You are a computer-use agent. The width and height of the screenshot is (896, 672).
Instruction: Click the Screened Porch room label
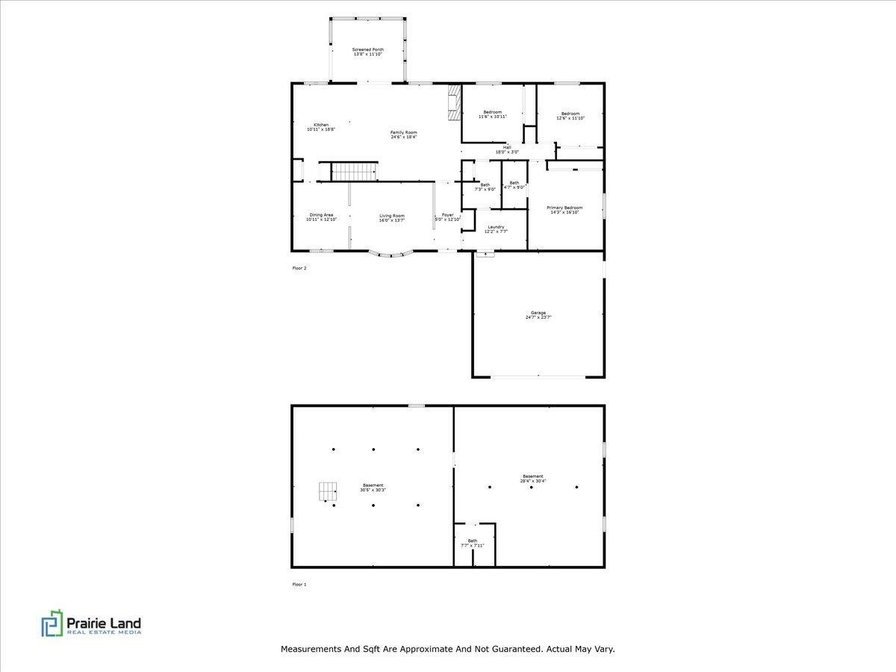pos(368,49)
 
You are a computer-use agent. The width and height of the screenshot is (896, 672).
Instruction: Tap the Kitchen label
pos(321,125)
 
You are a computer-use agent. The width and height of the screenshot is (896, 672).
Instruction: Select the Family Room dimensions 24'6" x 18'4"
pos(404,137)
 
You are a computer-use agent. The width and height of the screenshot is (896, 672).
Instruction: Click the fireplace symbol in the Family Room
pos(453,102)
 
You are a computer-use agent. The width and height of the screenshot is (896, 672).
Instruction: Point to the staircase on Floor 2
pos(355,172)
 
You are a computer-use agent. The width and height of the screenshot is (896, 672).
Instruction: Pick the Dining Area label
pos(321,214)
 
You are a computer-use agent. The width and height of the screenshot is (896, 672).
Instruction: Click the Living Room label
pos(392,215)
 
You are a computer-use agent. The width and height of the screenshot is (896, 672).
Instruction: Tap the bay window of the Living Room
pos(392,255)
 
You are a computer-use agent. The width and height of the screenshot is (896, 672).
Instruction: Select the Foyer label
pos(448,214)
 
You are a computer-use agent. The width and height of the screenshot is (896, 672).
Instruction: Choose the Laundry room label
pos(496,227)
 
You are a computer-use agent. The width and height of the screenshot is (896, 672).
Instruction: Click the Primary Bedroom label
pos(564,208)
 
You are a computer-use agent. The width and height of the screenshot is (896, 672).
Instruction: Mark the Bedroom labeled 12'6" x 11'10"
pos(570,113)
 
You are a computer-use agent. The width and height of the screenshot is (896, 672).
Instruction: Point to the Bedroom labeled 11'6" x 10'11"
pos(493,112)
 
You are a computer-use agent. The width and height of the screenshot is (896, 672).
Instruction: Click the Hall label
pos(507,147)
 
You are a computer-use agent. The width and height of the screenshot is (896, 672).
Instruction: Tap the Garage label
pos(538,313)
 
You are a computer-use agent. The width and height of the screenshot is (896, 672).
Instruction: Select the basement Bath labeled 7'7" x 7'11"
pos(473,541)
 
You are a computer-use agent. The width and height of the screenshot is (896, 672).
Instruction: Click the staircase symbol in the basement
pos(328,491)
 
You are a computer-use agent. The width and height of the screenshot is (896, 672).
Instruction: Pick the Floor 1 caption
pos(299,585)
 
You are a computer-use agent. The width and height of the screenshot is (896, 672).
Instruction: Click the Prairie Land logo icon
pos(52,623)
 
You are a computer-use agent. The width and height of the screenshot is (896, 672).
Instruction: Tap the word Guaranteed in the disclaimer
pos(514,650)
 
